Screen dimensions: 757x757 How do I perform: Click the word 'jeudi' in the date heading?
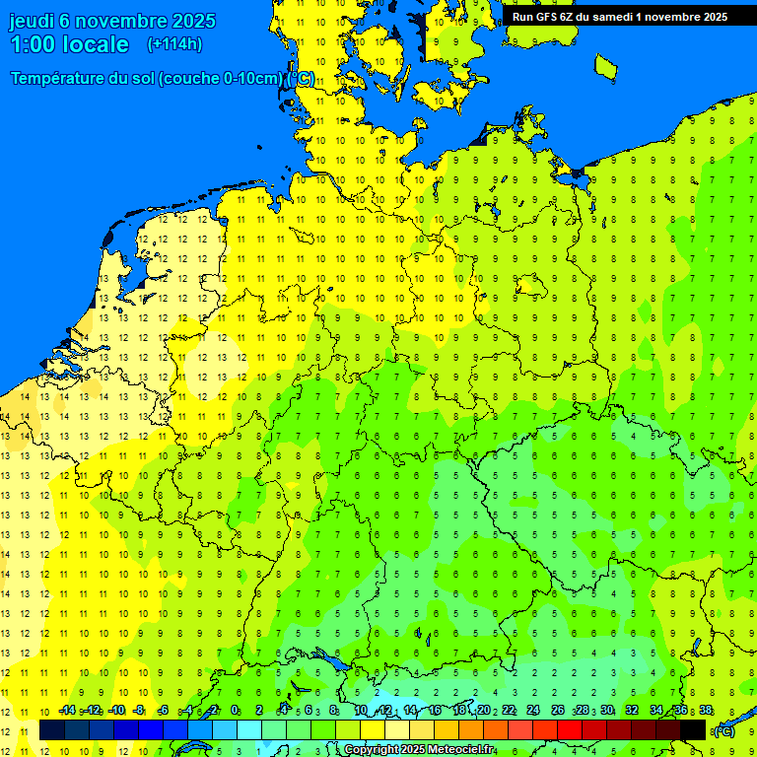click(x=32, y=21)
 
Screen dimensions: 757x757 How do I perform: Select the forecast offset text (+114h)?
click(x=174, y=43)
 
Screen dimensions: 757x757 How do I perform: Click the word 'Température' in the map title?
click(x=59, y=79)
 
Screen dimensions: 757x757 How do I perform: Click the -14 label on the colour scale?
click(x=67, y=711)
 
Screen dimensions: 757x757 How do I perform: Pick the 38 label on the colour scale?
click(x=706, y=711)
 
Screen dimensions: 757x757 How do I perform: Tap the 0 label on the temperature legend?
click(x=235, y=711)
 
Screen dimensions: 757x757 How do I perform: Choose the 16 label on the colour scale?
click(x=435, y=711)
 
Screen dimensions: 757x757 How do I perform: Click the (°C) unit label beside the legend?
click(x=724, y=731)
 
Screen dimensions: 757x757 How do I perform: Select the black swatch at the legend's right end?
click(x=693, y=730)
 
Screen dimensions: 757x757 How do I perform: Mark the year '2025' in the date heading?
click(x=196, y=21)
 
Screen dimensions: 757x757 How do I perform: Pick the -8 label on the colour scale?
click(x=139, y=711)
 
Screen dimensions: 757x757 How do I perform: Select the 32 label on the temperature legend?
click(x=632, y=711)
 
